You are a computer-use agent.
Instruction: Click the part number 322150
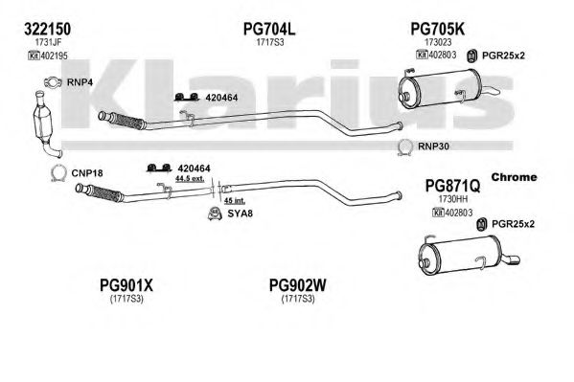[47, 29]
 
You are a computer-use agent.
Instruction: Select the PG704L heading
[269, 29]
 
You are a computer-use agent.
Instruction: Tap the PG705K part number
[438, 29]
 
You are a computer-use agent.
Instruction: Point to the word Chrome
[514, 177]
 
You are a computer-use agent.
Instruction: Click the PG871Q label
[452, 186]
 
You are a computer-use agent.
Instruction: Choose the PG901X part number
[126, 285]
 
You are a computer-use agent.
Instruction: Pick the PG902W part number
[297, 285]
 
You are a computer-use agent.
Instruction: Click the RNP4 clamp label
[80, 82]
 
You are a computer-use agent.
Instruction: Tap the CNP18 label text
[87, 173]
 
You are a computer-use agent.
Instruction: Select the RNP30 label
[433, 146]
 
